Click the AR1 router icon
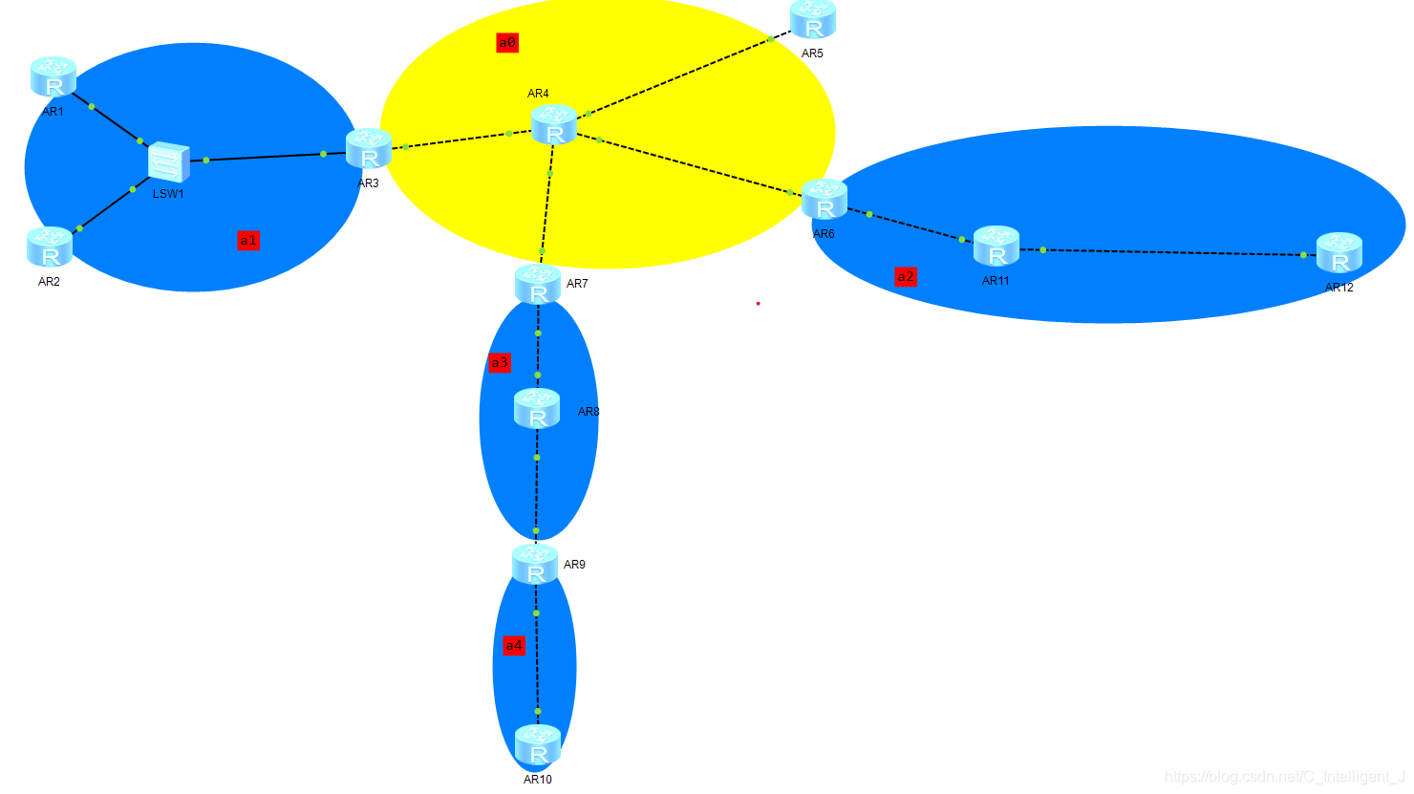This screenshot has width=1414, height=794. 54,77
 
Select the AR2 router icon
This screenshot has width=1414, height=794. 50,247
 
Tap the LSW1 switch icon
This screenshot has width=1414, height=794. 169,162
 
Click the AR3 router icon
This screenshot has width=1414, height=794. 369,150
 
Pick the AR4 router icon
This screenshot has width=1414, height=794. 554,125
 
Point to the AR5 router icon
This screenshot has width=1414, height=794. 813,20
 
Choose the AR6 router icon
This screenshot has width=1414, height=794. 825,200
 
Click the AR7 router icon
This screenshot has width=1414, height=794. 538,285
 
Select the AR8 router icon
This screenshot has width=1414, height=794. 537,409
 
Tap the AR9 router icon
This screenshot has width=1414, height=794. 535,565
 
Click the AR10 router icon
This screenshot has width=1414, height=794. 538,745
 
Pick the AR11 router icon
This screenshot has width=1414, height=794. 996,247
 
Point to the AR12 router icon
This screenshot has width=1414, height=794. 1339,253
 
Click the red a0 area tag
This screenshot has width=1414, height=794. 507,42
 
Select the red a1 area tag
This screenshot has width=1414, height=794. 248,240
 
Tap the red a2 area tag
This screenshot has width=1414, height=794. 906,277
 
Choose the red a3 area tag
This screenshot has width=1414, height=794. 500,362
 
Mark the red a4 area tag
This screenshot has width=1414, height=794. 514,646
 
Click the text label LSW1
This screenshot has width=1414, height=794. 168,194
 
